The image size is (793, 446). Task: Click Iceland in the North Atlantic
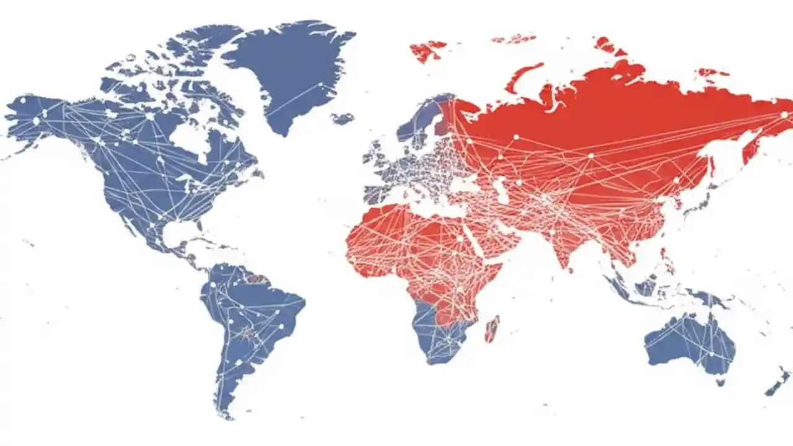tap(342, 117)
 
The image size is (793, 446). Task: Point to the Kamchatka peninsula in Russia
tap(753, 146)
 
